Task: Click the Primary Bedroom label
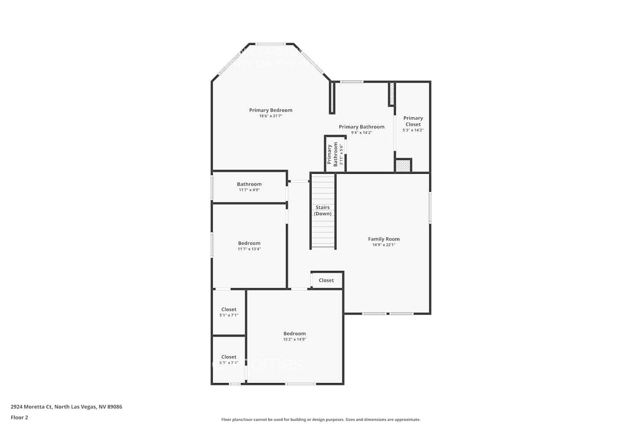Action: [x=270, y=110]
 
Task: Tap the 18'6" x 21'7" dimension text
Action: [x=270, y=116]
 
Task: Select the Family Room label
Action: [x=383, y=239]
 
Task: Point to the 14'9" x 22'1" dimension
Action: [x=383, y=245]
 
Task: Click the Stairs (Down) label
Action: [x=322, y=210]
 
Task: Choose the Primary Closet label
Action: [x=413, y=121]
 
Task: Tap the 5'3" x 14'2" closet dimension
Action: [x=413, y=130]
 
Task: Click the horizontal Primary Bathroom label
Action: [x=361, y=127]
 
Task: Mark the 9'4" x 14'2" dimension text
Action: [x=361, y=133]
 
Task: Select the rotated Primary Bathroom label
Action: [x=333, y=154]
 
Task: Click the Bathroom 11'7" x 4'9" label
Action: [x=249, y=184]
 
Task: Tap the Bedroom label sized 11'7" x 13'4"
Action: [x=249, y=243]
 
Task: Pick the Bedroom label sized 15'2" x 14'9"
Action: [x=294, y=333]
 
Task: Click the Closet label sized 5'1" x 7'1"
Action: [x=229, y=309]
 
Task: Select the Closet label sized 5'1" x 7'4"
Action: [x=229, y=357]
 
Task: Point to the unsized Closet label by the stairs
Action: [x=326, y=280]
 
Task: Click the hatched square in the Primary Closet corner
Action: [x=403, y=166]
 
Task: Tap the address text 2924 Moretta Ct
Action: [x=66, y=407]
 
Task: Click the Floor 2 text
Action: [x=19, y=417]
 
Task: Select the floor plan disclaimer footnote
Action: [x=321, y=419]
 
